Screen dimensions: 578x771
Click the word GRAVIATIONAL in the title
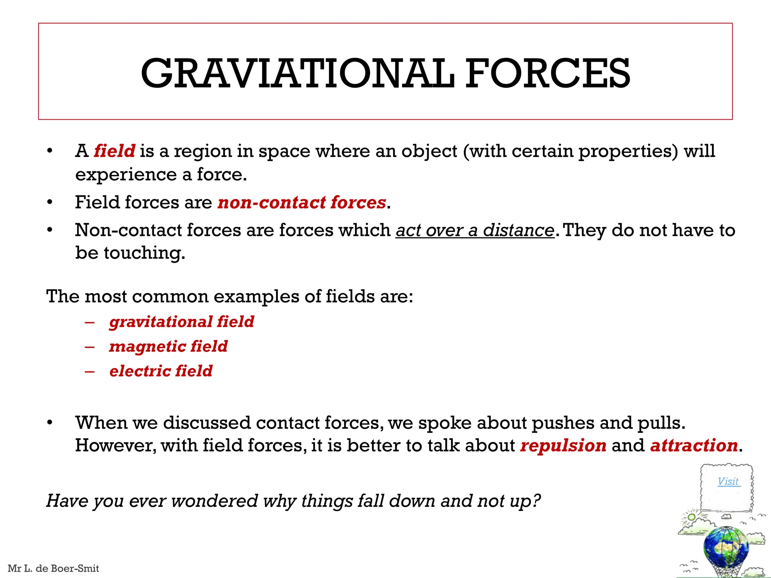click(297, 73)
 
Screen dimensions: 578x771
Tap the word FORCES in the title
click(548, 73)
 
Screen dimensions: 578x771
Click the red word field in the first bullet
click(114, 151)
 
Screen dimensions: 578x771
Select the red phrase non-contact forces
click(302, 202)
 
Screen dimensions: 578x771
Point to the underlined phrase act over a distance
click(475, 230)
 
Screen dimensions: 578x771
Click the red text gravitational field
click(181, 322)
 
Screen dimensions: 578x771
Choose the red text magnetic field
click(168, 347)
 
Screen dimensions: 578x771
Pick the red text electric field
click(161, 371)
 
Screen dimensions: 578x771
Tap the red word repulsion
click(563, 446)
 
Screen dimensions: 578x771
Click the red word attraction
click(694, 446)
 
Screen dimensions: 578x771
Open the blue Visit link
click(728, 481)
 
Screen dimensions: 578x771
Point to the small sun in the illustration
click(692, 517)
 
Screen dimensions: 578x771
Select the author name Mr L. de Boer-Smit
click(53, 568)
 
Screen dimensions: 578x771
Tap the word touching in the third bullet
click(144, 253)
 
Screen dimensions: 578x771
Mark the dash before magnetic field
click(90, 347)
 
